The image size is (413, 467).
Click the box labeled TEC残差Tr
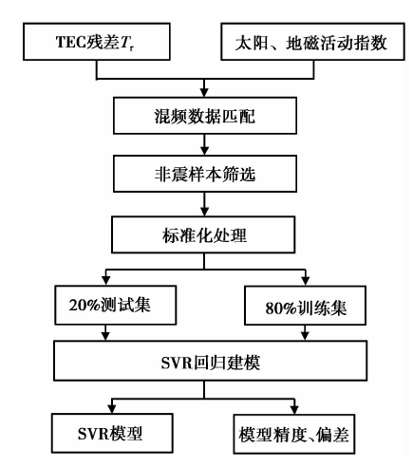97,42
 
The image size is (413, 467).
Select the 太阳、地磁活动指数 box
312,42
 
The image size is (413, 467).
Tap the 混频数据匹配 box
205,116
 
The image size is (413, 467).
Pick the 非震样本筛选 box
205,174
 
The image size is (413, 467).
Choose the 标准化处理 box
203,234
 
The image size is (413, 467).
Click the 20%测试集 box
116,305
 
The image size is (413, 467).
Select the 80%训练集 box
306,306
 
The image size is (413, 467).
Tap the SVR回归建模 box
211,361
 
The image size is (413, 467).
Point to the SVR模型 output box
112,433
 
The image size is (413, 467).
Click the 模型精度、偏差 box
294,434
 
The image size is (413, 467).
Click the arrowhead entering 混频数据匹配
204,92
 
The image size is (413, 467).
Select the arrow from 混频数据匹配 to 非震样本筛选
205,144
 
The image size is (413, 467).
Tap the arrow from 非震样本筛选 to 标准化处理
205,204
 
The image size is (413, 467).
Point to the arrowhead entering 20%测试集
106,281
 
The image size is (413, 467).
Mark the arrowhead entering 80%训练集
306,281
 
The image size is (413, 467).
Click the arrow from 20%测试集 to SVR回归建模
106,332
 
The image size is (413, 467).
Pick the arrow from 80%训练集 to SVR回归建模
305,332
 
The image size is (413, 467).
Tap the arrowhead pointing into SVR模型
112,409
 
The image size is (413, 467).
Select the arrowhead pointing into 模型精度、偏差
294,410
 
